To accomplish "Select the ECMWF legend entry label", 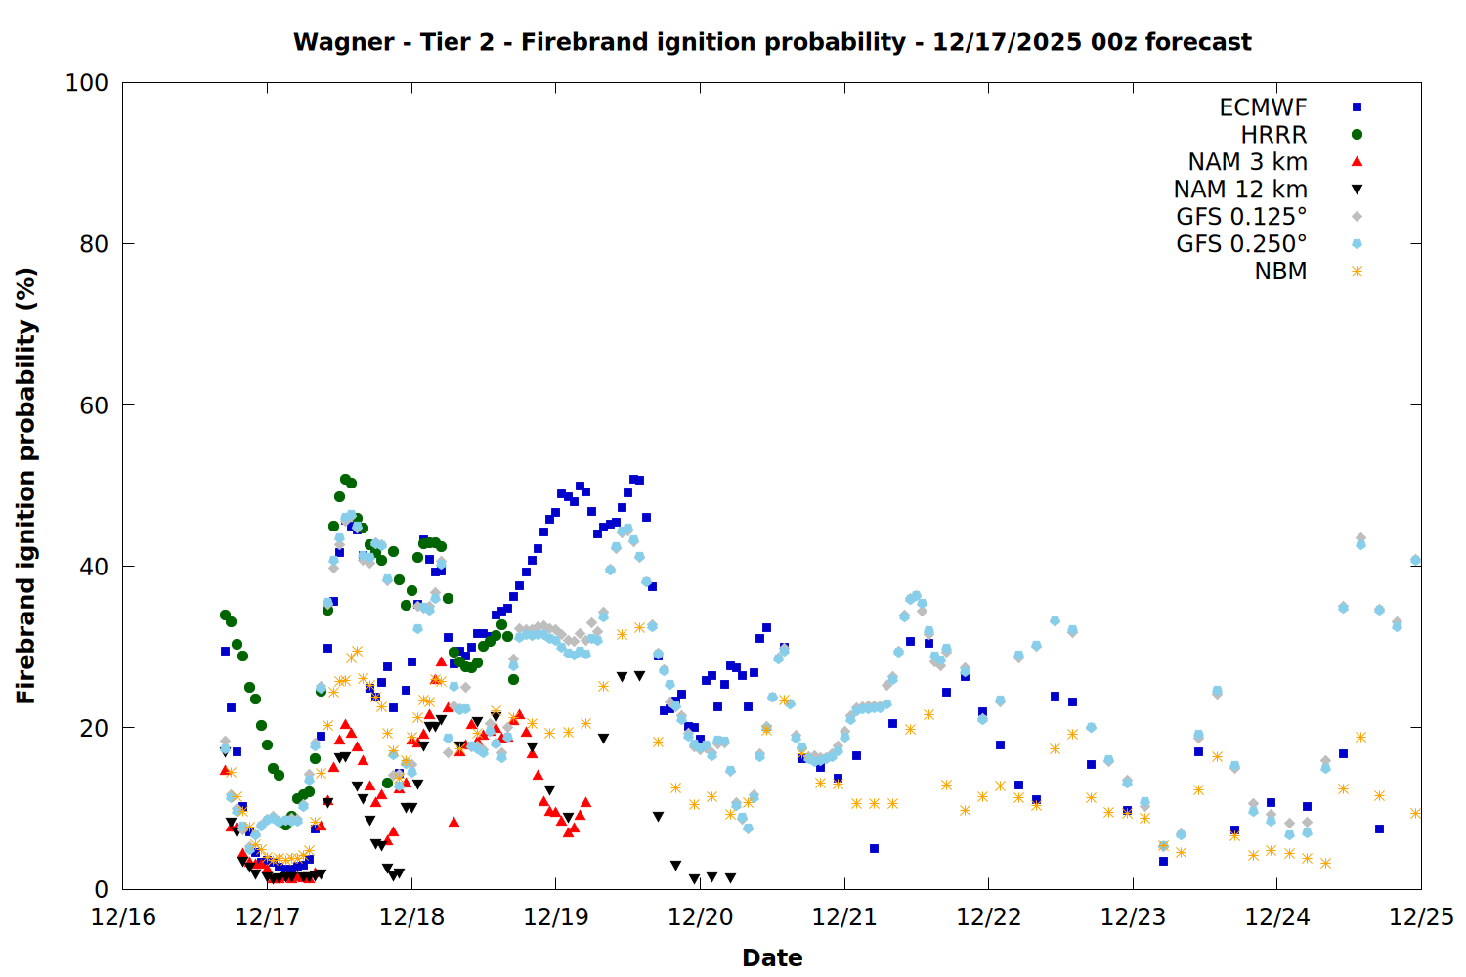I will [x=1263, y=107].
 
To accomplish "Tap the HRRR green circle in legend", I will [x=1357, y=135].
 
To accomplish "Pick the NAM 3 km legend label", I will [x=1247, y=162].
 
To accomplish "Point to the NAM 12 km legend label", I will [x=1240, y=190].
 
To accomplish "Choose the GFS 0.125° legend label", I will [x=1241, y=217].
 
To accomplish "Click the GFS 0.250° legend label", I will [x=1241, y=244].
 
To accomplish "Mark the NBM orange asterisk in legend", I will [x=1357, y=272].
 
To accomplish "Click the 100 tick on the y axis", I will [x=87, y=83].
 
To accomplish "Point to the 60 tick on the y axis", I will [x=94, y=405].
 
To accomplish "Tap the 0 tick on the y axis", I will [x=101, y=889].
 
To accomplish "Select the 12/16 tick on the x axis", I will [x=123, y=917].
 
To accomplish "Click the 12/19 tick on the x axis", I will [x=556, y=917].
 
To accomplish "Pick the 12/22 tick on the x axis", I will [x=989, y=917].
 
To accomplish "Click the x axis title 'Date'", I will [x=772, y=957].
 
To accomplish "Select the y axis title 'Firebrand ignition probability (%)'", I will [x=26, y=486].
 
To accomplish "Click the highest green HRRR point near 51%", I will [x=345, y=480].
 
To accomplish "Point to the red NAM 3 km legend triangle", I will [x=1357, y=162].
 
